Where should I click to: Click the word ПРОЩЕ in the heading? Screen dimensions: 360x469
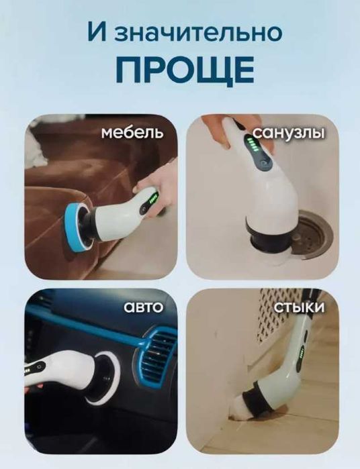(x=185, y=70)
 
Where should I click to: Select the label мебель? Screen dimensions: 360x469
(x=132, y=132)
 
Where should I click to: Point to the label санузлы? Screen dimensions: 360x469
(x=289, y=133)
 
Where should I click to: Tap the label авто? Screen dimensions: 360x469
(x=144, y=307)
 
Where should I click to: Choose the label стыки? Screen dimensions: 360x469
(x=300, y=307)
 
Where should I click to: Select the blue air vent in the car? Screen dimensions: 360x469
(x=156, y=356)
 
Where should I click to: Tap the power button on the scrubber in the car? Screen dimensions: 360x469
(x=38, y=366)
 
